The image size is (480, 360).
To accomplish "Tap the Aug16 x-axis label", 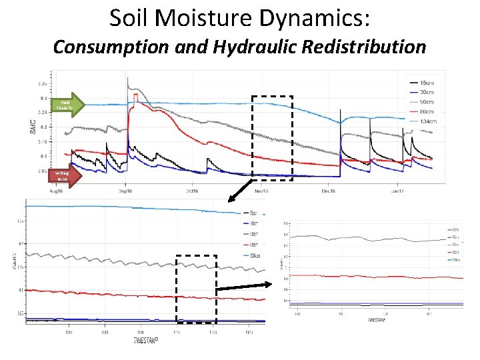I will click(55, 190).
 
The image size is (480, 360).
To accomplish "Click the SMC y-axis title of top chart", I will click(34, 127).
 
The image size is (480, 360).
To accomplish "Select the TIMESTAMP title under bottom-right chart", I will click(377, 320).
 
